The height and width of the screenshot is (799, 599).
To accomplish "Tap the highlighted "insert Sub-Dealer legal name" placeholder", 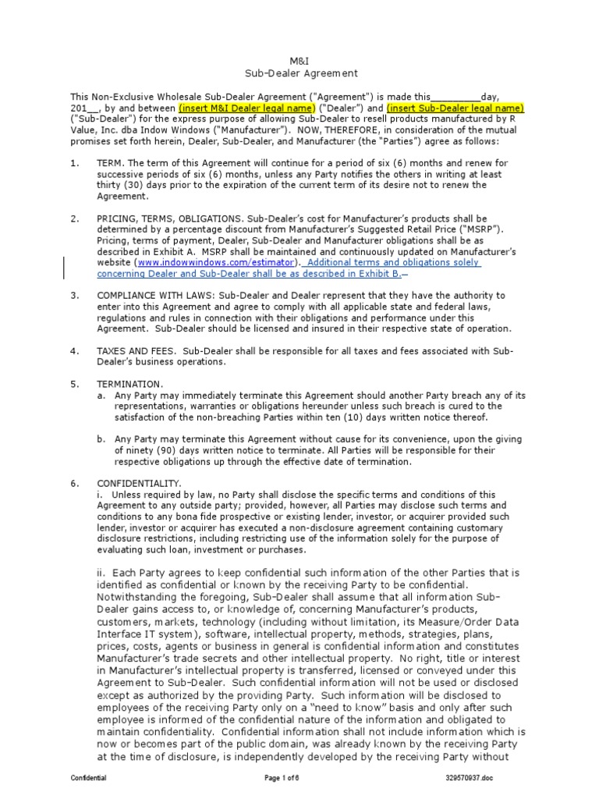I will point(445,107).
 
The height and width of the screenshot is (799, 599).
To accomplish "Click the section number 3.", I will point(74,296).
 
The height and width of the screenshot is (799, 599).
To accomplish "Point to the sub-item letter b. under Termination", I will point(101,439).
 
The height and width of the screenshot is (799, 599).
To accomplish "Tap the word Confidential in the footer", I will point(89,779).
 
